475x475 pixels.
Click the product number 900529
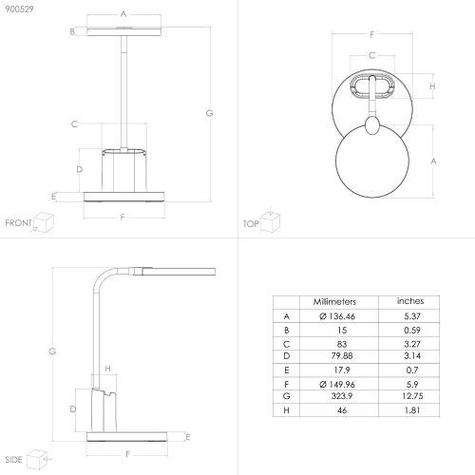point(19,9)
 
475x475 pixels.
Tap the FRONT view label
point(18,223)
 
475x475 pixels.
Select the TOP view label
point(251,224)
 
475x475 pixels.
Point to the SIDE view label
point(13,460)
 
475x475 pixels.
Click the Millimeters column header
point(334,302)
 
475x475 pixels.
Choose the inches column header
point(410,301)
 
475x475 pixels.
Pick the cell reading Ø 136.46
point(337,316)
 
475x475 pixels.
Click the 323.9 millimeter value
point(342,396)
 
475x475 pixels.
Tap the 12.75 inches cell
point(412,396)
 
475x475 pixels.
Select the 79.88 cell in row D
point(342,356)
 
